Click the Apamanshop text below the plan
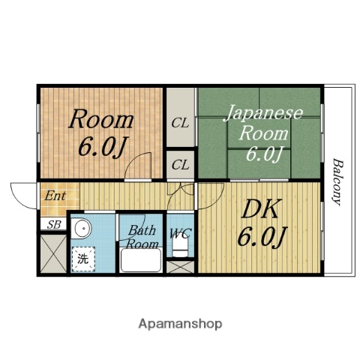(x=180, y=324)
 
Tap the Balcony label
(x=338, y=181)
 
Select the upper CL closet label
(x=180, y=123)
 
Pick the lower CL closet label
(x=180, y=165)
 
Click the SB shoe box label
(x=54, y=225)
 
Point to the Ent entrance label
(x=55, y=196)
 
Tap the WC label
(x=180, y=233)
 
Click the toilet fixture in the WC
(x=180, y=247)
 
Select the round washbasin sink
(x=82, y=229)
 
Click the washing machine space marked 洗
(x=83, y=259)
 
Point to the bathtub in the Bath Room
(x=140, y=260)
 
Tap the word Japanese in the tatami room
(x=263, y=114)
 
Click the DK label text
(x=260, y=209)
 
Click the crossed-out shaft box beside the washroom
(x=53, y=254)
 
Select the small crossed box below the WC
(x=180, y=267)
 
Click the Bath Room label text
(x=142, y=237)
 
